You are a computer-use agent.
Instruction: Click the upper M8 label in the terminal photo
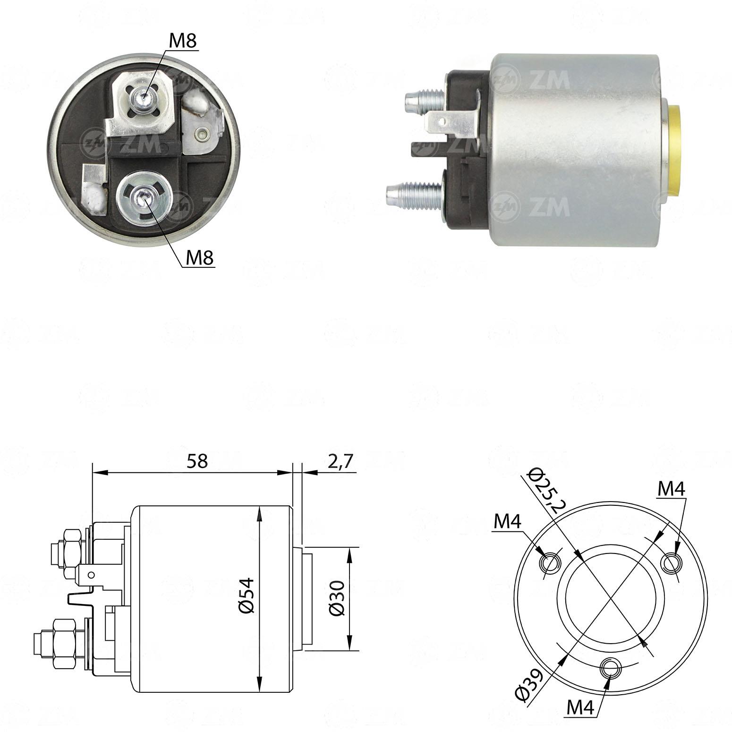tap(183, 41)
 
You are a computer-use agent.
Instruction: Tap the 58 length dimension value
tap(196, 461)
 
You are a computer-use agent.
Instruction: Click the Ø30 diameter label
tap(338, 598)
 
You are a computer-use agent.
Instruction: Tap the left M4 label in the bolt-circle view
tap(507, 522)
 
